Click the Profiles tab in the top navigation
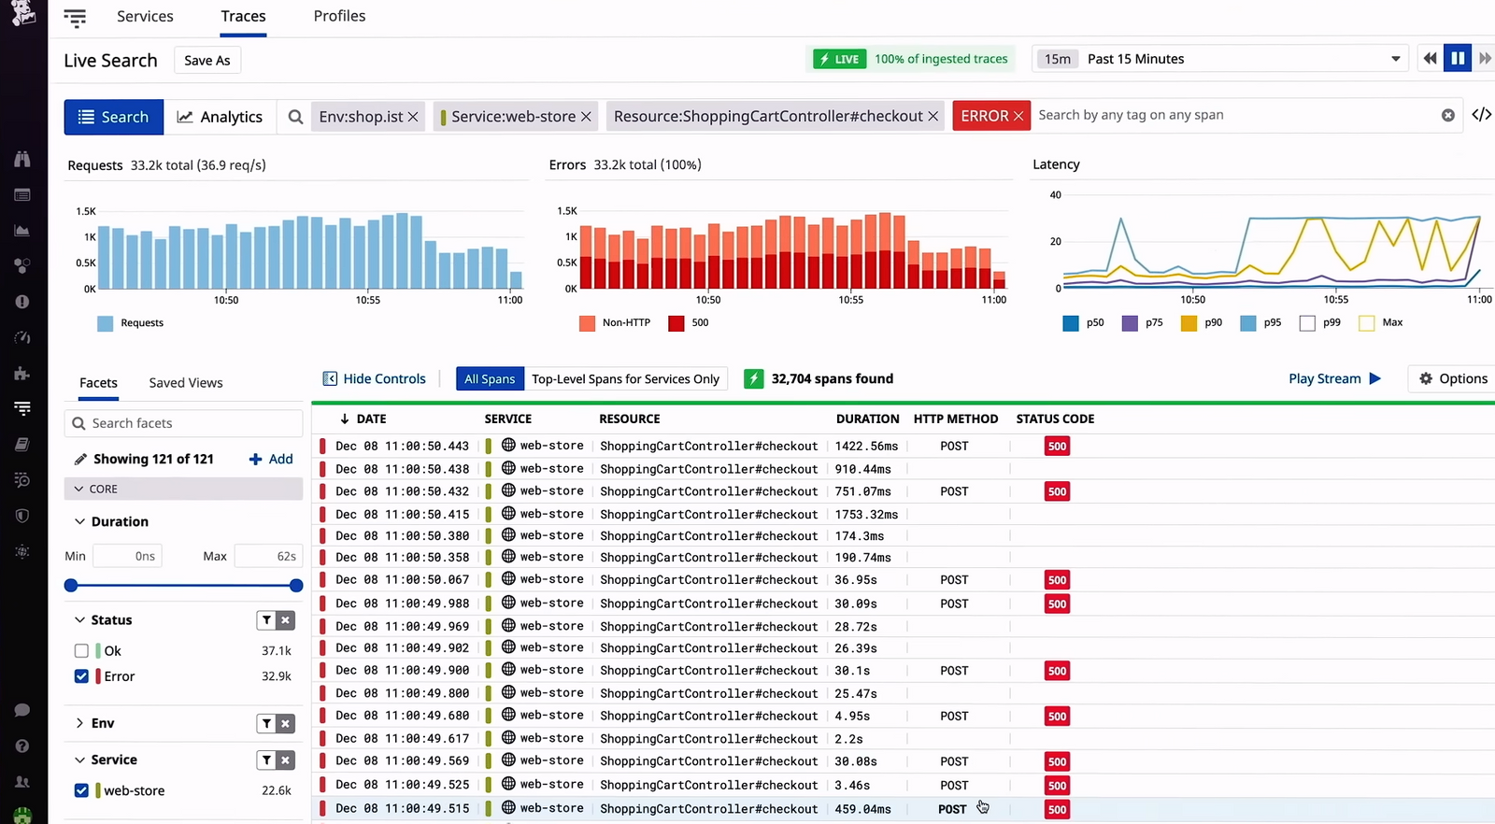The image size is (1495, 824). tap(339, 17)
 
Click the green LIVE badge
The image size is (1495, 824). tap(839, 59)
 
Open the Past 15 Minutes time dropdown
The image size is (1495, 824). tap(1395, 59)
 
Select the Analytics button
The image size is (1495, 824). tap(220, 117)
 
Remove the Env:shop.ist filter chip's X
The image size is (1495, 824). tap(413, 117)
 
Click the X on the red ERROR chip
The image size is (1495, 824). tap(1018, 116)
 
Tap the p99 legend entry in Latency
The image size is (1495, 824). tap(1319, 322)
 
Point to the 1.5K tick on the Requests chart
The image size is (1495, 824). tap(86, 212)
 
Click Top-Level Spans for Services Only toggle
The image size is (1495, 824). tap(625, 378)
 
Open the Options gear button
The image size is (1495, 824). tap(1453, 378)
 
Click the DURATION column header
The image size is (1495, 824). tap(867, 419)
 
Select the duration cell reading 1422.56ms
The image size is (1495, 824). tap(866, 446)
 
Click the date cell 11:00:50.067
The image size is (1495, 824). tap(402, 580)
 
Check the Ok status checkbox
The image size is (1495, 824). tap(81, 651)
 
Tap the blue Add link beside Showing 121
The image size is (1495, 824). tap(271, 459)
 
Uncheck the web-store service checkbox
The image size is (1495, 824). tap(81, 790)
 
